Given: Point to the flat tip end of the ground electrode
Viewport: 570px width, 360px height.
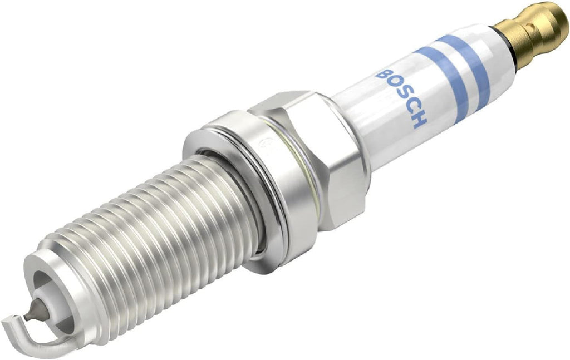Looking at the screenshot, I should pos(11,319).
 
